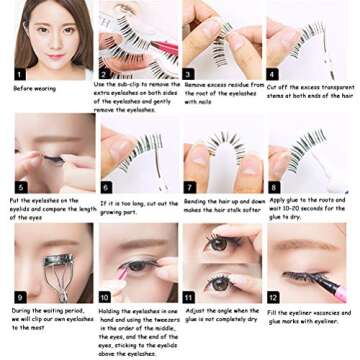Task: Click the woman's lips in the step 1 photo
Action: click(39, 59)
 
